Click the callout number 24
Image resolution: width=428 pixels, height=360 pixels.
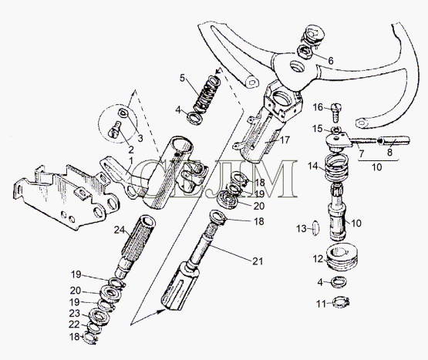(x=120, y=230)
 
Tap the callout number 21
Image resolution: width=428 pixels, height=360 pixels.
(x=258, y=261)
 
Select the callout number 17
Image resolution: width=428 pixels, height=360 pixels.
(x=285, y=140)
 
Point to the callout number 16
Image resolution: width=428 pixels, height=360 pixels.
(x=318, y=107)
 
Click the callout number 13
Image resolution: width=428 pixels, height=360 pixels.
(x=302, y=229)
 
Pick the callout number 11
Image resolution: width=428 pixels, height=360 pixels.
(x=321, y=304)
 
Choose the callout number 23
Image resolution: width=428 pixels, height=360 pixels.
(x=75, y=313)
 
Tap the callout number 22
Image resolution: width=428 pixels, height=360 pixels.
(x=74, y=325)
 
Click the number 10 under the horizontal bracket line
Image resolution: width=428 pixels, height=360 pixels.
(x=377, y=167)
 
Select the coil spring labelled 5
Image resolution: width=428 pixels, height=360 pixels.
(x=207, y=96)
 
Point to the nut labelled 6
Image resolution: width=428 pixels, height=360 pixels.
(x=305, y=52)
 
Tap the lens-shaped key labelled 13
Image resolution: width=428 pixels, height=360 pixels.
(x=315, y=227)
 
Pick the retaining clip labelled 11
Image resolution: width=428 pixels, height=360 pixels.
(x=341, y=302)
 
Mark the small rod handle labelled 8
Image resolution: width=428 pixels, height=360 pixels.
(x=394, y=140)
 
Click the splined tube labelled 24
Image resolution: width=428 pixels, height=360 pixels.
(x=136, y=245)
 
